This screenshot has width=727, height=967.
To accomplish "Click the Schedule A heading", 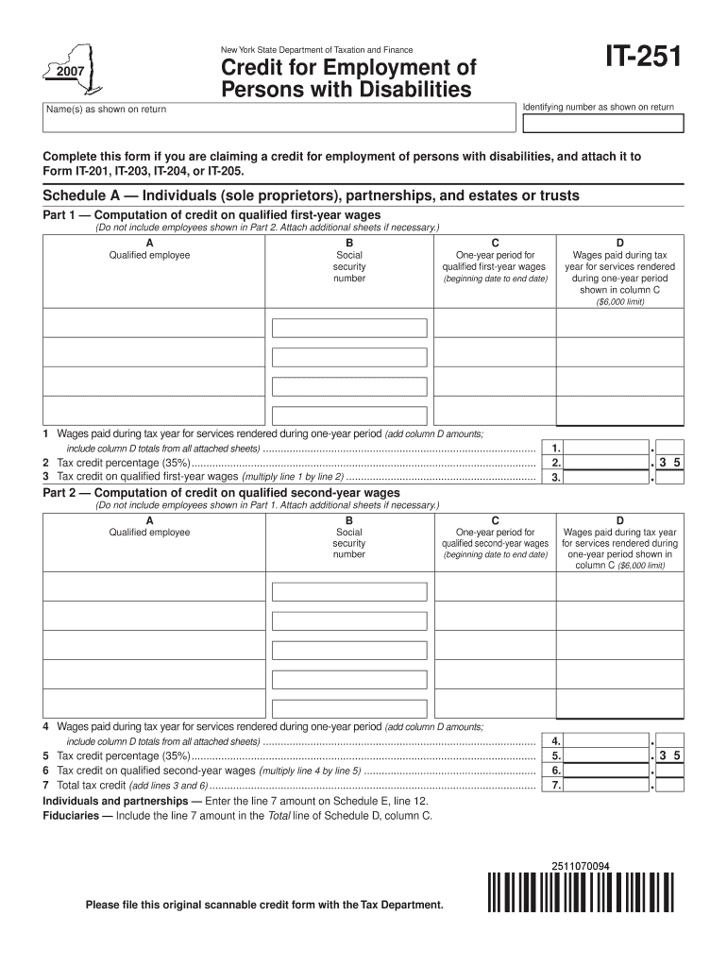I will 311,195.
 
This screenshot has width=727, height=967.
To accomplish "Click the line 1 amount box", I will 608,449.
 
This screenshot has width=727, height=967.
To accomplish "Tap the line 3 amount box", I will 608,478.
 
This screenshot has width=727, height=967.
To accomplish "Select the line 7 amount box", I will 608,785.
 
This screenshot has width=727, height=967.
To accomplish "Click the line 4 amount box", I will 608,741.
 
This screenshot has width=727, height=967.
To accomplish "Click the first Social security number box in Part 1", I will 349,328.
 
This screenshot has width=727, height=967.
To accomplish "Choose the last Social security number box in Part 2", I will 349,704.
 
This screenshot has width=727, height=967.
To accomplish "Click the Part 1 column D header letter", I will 619,243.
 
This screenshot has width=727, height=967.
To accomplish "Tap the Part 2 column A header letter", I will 149,520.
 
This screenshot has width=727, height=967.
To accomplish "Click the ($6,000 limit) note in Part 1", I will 619,302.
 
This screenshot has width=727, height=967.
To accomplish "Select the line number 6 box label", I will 556,771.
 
